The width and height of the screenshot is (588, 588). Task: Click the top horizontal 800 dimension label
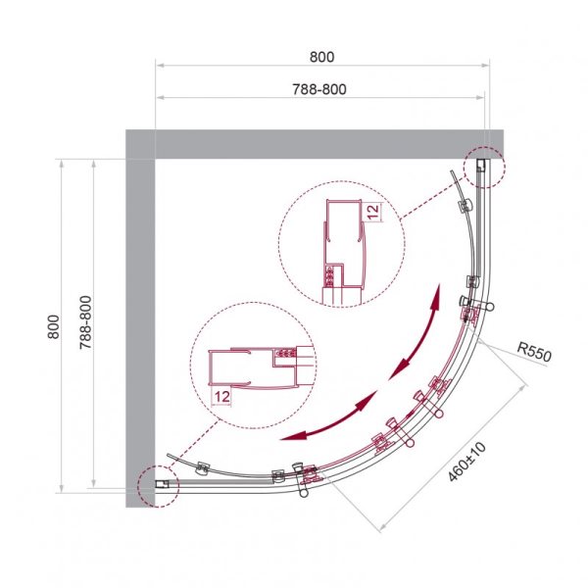pos(321,57)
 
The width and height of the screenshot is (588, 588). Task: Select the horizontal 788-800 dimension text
pos(319,89)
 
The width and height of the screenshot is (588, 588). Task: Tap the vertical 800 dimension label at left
pos(54,326)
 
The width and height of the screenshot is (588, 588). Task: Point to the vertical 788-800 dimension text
pos(86,322)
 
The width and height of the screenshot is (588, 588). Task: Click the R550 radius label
pos(534,353)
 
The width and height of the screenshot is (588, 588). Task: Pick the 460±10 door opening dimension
pos(466,462)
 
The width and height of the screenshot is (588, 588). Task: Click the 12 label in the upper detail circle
pos(374,212)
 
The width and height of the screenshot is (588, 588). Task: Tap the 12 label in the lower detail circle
pos(222,396)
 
